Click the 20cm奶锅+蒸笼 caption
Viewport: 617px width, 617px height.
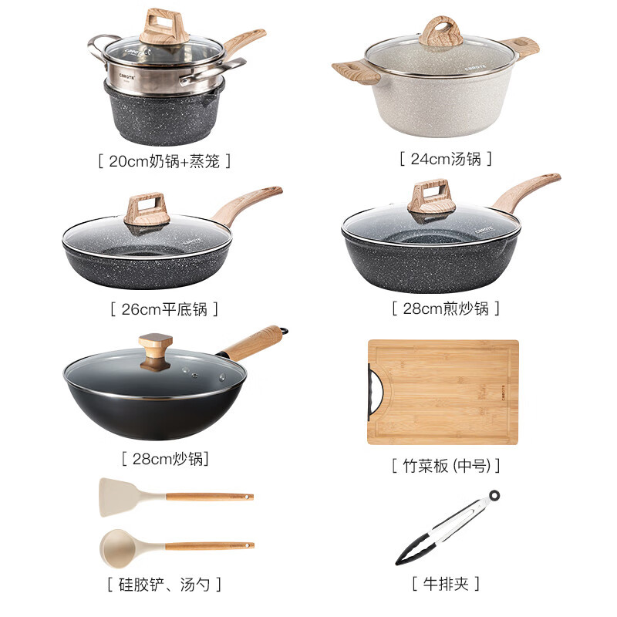164,161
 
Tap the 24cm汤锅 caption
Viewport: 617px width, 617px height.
446,159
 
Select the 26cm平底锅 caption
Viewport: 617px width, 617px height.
164,309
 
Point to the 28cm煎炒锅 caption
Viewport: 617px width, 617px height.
446,308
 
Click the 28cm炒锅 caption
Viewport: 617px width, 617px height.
165,458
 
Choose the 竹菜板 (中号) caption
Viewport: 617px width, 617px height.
446,465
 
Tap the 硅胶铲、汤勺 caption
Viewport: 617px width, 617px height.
164,583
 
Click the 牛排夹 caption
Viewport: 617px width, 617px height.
446,583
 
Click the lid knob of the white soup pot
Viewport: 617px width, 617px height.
441,32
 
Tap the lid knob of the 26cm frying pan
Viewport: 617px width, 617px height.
147,207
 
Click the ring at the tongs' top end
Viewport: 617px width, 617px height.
493,494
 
